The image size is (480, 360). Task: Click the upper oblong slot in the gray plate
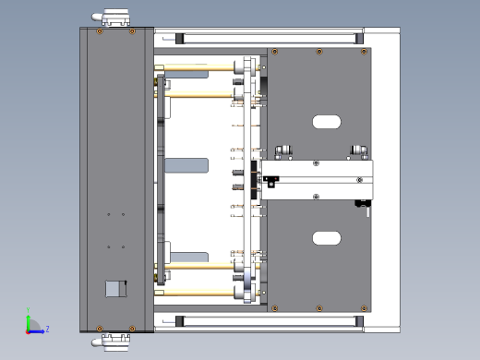(327, 121)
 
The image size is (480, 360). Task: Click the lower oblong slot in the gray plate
(327, 238)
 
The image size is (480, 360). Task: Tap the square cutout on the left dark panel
(114, 288)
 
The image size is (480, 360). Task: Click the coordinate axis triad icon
(32, 326)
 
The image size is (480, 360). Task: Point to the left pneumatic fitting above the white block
(281, 151)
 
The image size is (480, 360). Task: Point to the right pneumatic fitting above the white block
(357, 150)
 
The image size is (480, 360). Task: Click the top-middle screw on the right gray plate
(318, 52)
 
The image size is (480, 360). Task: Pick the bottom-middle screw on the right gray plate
(318, 307)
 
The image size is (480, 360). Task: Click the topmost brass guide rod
(198, 68)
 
